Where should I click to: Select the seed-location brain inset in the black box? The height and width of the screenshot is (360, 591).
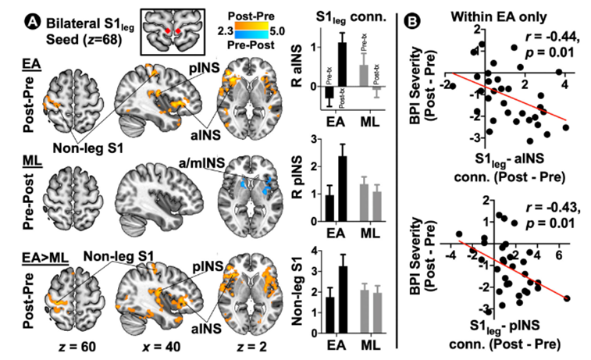click(173, 29)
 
